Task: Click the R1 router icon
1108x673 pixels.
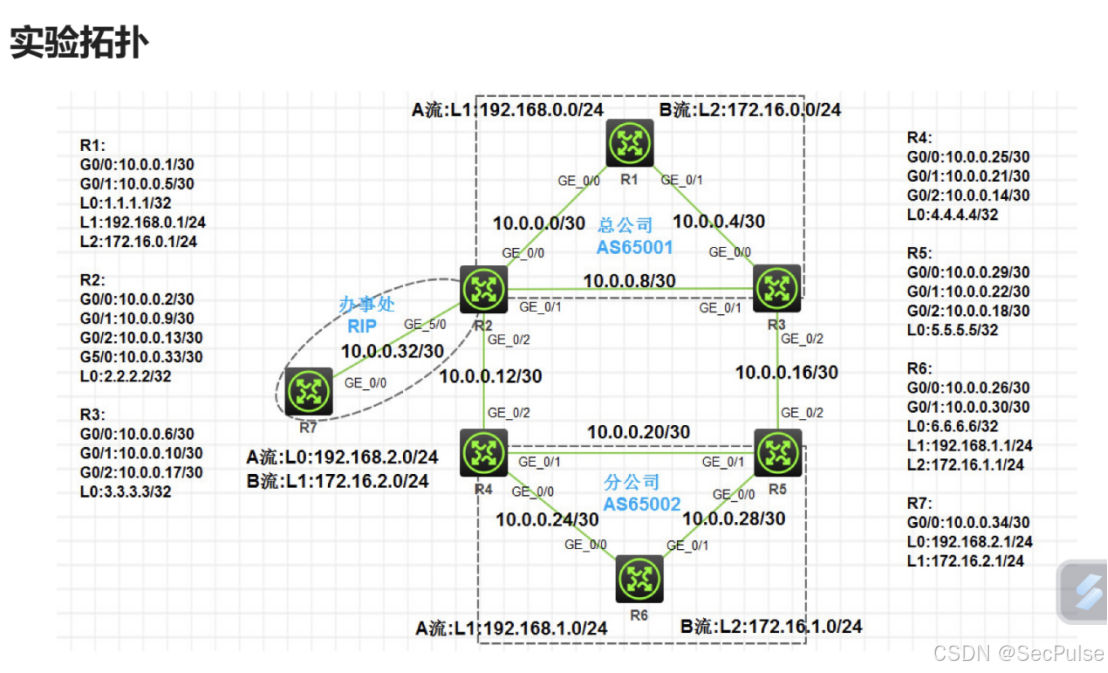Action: (x=628, y=143)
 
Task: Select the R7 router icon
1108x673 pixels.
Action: (x=308, y=390)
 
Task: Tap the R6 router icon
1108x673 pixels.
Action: (x=638, y=579)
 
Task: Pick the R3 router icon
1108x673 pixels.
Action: (x=776, y=289)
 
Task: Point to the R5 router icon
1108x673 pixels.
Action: (x=776, y=452)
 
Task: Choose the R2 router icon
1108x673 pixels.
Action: (x=484, y=289)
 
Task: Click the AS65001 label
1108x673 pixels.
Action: (x=636, y=246)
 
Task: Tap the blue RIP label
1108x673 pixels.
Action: (x=360, y=325)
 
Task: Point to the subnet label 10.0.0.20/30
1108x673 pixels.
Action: (x=638, y=432)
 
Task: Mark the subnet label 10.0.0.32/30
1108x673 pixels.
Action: (x=392, y=352)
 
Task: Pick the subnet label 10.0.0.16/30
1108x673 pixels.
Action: (x=787, y=372)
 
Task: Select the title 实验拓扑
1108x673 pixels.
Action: (x=80, y=43)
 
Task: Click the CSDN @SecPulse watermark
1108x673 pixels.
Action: (x=1017, y=653)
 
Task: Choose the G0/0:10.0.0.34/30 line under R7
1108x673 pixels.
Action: (x=968, y=522)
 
